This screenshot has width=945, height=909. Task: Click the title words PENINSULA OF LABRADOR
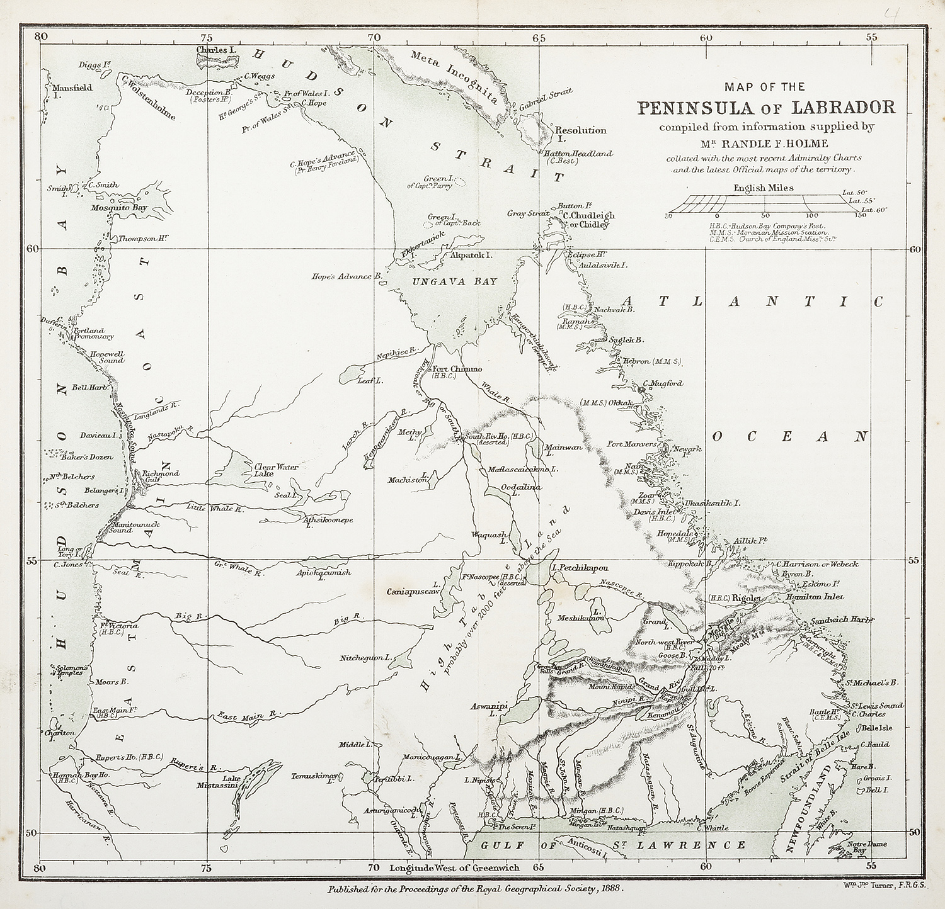pos(765,107)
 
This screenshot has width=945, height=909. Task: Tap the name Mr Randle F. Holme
pos(765,143)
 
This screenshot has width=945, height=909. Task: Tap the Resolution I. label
pos(581,134)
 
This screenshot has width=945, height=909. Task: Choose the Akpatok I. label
pos(471,256)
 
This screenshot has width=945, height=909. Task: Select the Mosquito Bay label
pos(118,207)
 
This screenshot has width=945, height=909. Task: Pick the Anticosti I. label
pos(586,847)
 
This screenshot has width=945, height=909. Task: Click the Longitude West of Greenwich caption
pos(454,867)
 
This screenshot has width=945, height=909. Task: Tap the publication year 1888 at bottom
pos(610,888)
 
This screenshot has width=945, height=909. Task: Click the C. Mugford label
pos(662,383)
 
